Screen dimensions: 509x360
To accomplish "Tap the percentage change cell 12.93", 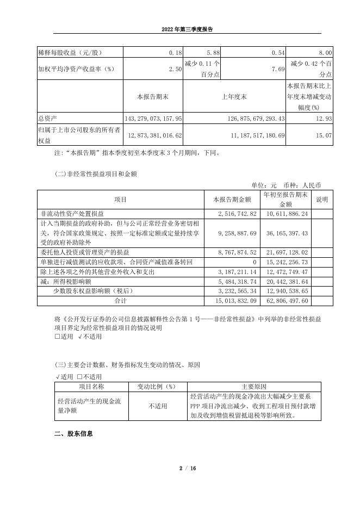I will (x=324, y=118).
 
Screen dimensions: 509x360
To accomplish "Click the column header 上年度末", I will (x=234, y=96).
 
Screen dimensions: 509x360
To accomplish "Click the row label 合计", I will (x=120, y=300).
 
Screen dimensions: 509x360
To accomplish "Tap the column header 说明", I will (x=322, y=200).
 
